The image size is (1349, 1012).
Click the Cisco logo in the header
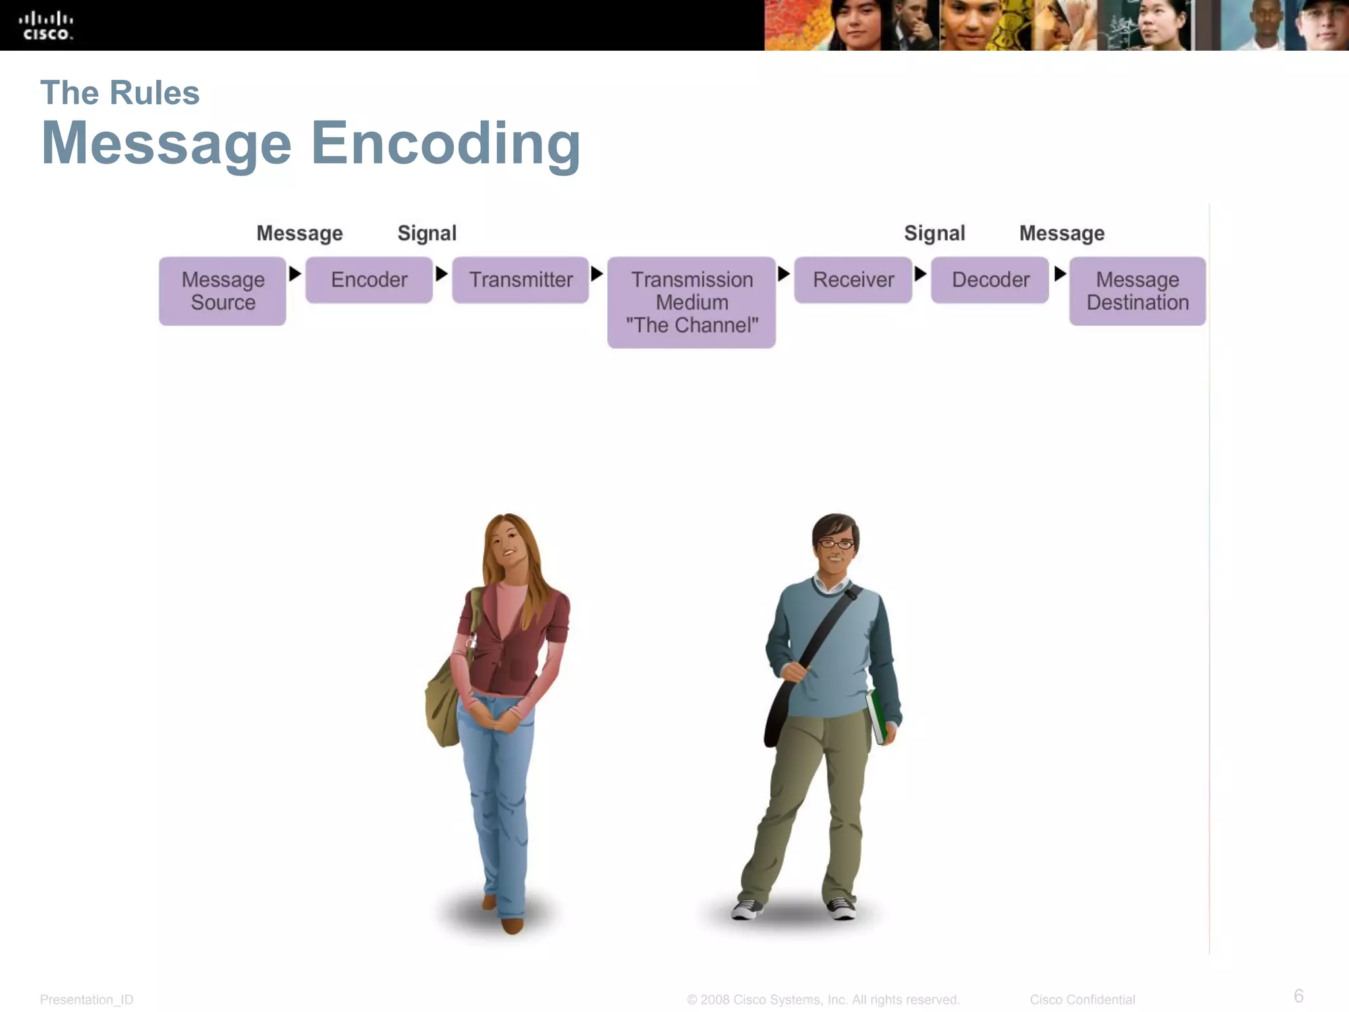point(46,26)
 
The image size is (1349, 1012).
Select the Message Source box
point(223,291)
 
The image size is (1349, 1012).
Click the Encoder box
point(369,280)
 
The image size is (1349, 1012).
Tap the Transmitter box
point(520,280)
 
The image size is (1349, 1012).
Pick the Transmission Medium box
point(692,302)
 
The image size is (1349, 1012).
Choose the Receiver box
point(853,280)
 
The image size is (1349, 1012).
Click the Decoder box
point(990,280)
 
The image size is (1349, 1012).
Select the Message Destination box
point(1138,291)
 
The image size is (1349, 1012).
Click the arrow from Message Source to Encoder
point(295,273)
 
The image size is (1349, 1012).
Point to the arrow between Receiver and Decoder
point(921,273)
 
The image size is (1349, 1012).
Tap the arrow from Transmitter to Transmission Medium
point(597,273)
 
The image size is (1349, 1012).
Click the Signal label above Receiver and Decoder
point(934,233)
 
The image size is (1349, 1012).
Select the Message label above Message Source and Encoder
point(300,233)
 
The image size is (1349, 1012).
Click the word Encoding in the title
point(446,144)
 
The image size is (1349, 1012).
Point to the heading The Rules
point(120,93)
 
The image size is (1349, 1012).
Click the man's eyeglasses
point(836,544)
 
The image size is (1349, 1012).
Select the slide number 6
point(1298,996)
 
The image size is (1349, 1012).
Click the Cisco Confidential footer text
point(1082,999)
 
